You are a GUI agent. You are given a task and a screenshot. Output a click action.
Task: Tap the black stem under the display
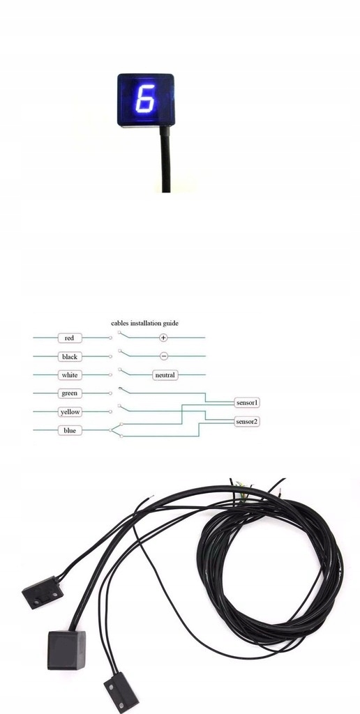pyautogui.click(x=165, y=159)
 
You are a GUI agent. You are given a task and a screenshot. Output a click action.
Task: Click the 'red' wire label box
pyautogui.click(x=70, y=338)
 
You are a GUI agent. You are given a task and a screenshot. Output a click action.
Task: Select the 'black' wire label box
pyautogui.click(x=70, y=356)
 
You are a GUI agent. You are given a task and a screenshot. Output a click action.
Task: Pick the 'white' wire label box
pyautogui.click(x=70, y=374)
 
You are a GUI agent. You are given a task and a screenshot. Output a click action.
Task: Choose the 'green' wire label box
pyautogui.click(x=70, y=393)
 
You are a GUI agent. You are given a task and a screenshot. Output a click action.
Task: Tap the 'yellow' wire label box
pyautogui.click(x=70, y=411)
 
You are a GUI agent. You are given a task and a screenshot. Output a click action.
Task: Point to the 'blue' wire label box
pyautogui.click(x=70, y=430)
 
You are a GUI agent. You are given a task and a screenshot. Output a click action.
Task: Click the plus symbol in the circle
pyautogui.click(x=163, y=338)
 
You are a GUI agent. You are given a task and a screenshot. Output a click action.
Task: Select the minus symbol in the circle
pyautogui.click(x=163, y=356)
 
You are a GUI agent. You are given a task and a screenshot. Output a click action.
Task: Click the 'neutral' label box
pyautogui.click(x=165, y=375)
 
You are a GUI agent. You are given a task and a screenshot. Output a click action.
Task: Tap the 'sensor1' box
pyautogui.click(x=247, y=402)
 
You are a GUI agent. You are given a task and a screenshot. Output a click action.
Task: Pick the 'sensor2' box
pyautogui.click(x=247, y=421)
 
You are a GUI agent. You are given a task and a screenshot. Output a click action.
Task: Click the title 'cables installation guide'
pyautogui.click(x=145, y=324)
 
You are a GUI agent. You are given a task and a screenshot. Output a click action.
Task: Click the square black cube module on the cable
pyautogui.click(x=66, y=649)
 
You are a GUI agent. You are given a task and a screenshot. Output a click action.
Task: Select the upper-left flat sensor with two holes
pyautogui.click(x=43, y=593)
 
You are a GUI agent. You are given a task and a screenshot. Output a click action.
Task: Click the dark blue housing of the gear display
pyautogui.click(x=145, y=100)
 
